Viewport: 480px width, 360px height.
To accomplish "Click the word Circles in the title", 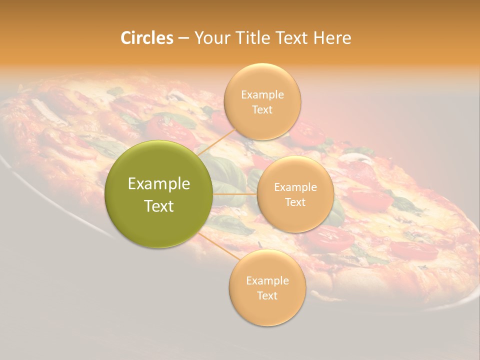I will tap(147, 38).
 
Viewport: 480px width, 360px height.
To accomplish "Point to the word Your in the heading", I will tap(210, 38).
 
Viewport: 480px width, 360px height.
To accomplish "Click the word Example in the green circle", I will tap(159, 184).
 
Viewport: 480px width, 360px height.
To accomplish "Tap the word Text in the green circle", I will tap(159, 206).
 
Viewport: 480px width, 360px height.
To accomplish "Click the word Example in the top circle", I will tap(262, 95).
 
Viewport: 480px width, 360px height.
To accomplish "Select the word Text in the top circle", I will tap(262, 110).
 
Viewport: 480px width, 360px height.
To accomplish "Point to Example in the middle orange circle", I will tap(295, 187).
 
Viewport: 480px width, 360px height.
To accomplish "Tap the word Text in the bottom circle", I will tap(267, 295).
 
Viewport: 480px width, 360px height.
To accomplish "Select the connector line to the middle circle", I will tap(235, 194).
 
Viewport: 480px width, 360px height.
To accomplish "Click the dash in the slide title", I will tap(183, 38).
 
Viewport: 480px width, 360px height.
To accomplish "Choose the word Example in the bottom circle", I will tap(267, 281).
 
